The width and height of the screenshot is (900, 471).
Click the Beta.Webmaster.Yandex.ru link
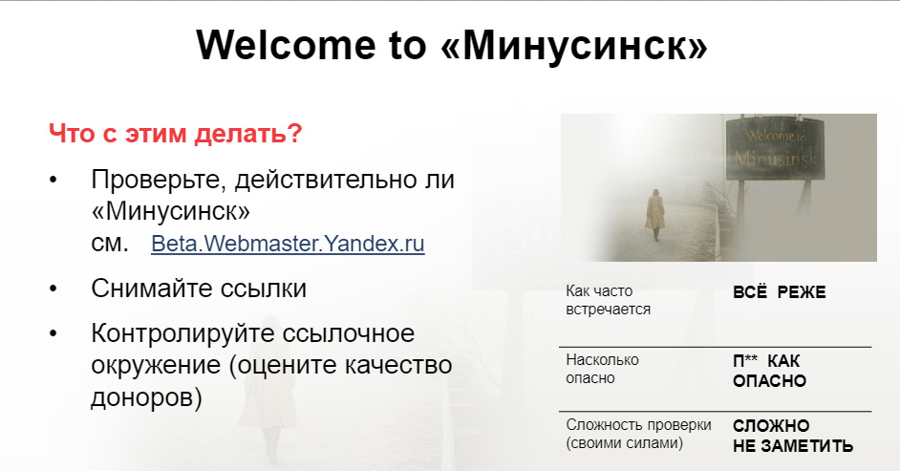click(x=288, y=244)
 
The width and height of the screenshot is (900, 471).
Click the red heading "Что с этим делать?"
click(x=176, y=134)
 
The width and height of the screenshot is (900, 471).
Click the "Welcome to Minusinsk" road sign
click(x=775, y=148)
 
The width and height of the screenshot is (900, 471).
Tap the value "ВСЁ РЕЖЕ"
click(x=779, y=291)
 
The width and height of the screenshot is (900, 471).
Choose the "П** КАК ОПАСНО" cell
click(x=769, y=371)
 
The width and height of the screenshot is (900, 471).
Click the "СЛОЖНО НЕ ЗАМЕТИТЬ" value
click(x=793, y=436)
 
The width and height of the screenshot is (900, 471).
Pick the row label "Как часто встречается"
click(x=608, y=300)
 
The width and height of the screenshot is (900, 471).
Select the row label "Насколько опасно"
click(x=602, y=369)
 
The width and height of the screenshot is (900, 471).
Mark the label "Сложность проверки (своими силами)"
click(x=638, y=434)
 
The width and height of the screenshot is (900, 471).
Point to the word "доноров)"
click(x=146, y=397)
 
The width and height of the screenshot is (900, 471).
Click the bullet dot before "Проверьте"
click(x=54, y=181)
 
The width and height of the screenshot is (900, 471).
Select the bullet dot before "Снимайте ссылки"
click(x=54, y=289)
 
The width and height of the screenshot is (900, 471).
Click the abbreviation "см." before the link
click(x=110, y=245)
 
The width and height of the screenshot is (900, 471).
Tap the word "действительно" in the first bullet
click(x=318, y=181)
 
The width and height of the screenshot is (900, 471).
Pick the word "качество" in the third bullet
click(x=397, y=366)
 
